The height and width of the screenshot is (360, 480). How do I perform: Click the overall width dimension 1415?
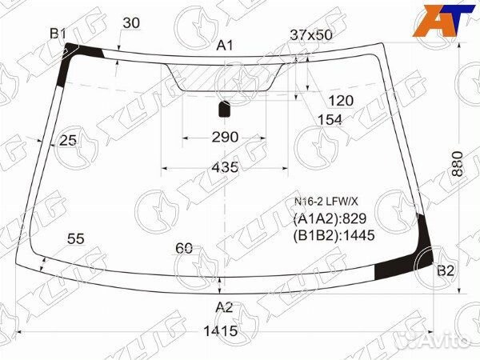[x=221, y=331]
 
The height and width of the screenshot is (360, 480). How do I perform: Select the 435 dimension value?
[x=225, y=167]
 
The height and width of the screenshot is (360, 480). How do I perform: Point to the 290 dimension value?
[x=225, y=137]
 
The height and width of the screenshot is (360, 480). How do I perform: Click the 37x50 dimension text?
[x=310, y=35]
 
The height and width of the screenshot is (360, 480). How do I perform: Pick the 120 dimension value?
[x=341, y=101]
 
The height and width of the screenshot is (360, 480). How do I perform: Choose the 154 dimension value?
[x=330, y=120]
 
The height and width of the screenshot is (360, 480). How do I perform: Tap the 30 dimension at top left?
[x=131, y=23]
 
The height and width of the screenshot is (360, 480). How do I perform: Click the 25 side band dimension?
[x=68, y=140]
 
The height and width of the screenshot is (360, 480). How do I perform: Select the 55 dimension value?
[x=76, y=238]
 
